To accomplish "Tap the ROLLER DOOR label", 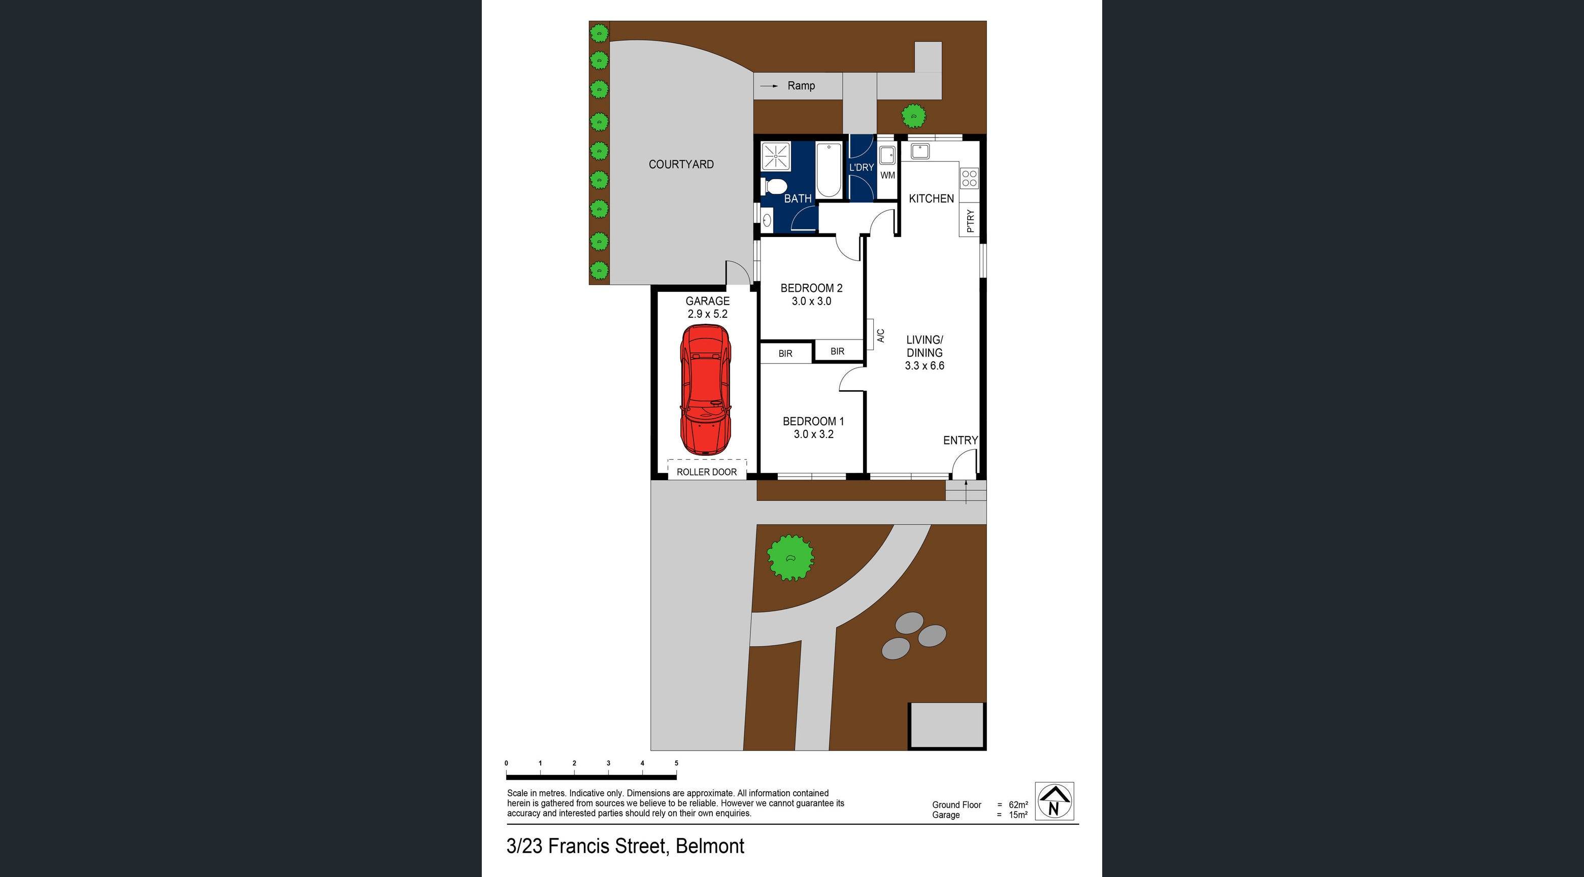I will [x=707, y=472].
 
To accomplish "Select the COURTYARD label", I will [x=681, y=164].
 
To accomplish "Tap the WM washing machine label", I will [x=887, y=175].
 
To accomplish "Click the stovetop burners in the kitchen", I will [x=969, y=178].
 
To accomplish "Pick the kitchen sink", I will [x=920, y=151].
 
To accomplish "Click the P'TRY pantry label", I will [x=970, y=221].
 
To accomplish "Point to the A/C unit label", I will [x=880, y=335].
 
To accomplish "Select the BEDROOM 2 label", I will [x=811, y=288].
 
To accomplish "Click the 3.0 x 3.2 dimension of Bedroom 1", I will [x=813, y=434].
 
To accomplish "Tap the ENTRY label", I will [x=960, y=440].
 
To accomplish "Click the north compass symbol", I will [x=1054, y=801].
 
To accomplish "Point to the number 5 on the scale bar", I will [x=676, y=763].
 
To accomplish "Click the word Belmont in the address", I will [x=710, y=846].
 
